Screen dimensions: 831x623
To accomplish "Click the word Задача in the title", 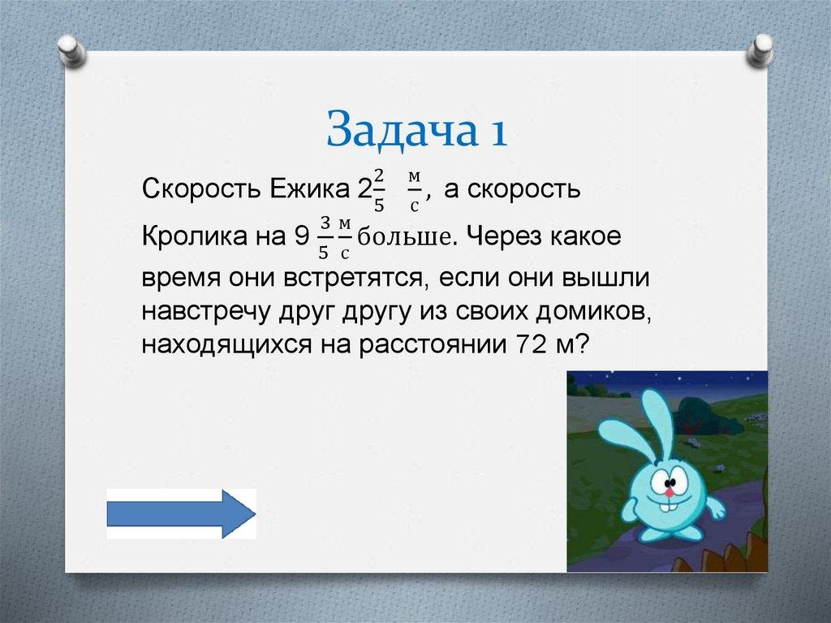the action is coord(401,129).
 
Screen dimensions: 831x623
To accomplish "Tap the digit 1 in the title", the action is coord(499,132).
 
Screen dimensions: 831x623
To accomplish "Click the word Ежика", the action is coord(310,188).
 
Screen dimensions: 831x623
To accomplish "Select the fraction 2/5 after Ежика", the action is coord(378,191).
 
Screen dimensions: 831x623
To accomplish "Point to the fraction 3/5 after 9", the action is coord(325,237).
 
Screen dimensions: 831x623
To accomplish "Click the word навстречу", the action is coord(207,313).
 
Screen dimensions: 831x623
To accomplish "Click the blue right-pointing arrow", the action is coord(181,513).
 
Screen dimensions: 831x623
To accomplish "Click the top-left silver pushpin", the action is coord(71,50).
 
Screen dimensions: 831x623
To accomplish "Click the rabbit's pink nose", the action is coord(670,493).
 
